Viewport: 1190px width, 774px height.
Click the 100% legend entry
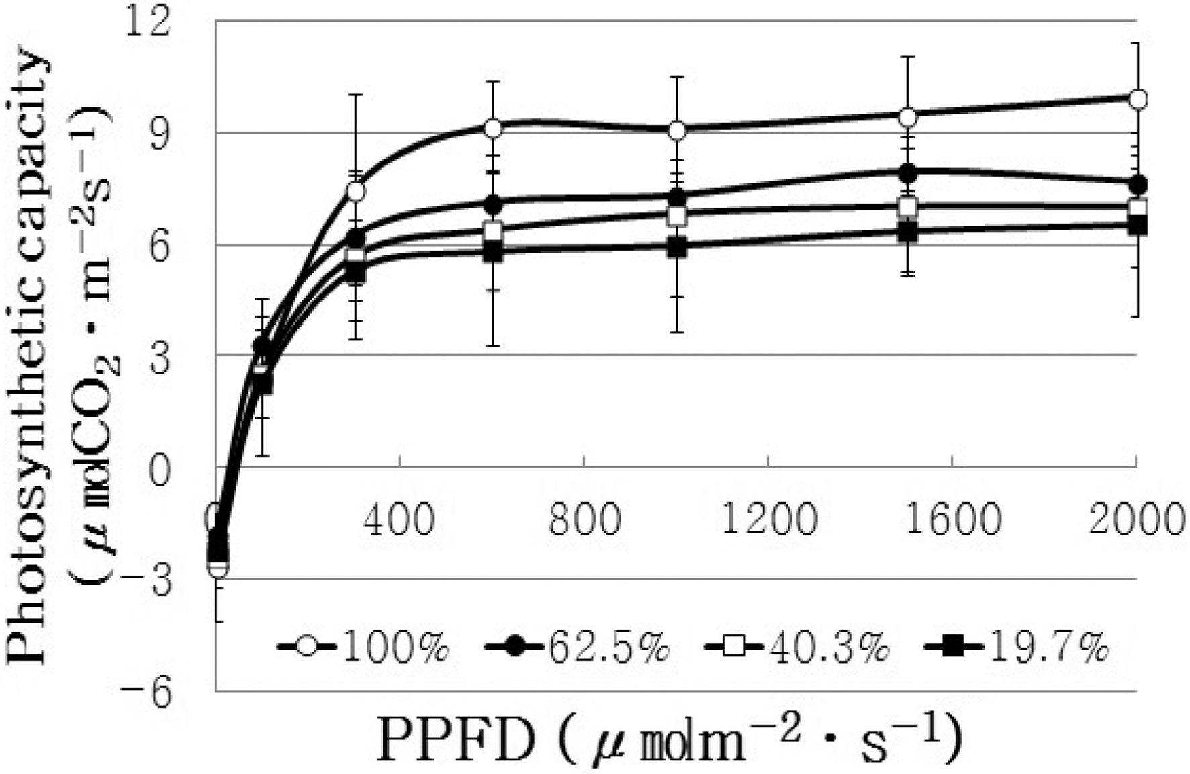(363, 648)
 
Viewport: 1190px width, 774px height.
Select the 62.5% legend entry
(577, 648)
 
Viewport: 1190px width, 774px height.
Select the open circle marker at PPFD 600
(493, 128)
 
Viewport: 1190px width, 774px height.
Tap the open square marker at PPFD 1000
(677, 216)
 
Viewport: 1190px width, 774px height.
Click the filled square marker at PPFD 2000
(1137, 225)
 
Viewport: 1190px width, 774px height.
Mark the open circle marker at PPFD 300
(356, 191)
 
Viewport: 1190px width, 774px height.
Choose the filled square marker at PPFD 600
(493, 252)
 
